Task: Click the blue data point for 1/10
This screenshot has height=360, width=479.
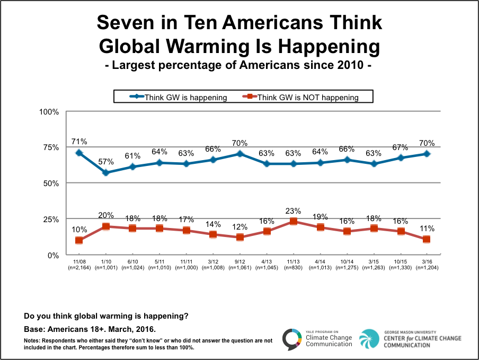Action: (105, 173)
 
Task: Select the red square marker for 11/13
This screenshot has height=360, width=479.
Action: (294, 222)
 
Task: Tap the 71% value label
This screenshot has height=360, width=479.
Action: (79, 142)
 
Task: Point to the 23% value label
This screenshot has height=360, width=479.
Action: (294, 210)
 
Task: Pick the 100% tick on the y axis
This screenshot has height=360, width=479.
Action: (49, 111)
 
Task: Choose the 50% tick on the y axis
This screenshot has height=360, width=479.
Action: (51, 183)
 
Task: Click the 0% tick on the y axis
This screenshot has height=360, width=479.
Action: (53, 255)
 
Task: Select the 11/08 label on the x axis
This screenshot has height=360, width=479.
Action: (78, 261)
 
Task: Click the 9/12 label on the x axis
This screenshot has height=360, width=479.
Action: (239, 261)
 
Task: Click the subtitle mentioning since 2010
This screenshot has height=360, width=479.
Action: (239, 67)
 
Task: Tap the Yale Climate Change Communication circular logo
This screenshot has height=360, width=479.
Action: (292, 339)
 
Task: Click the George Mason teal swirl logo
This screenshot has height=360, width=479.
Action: (369, 339)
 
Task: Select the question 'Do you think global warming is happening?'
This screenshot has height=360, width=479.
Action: (106, 317)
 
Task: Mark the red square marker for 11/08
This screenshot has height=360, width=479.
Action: (79, 240)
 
